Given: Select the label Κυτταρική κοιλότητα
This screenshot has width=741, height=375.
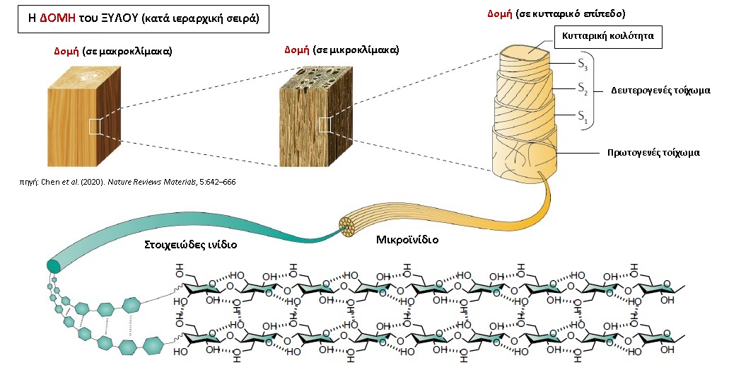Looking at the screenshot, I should coord(608,35).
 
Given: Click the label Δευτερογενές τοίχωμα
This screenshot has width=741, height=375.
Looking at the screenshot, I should coord(660,91).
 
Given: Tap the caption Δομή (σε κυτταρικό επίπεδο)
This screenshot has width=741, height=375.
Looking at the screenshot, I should coord(556,13).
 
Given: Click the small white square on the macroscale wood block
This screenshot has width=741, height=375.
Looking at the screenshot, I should coord(95,127).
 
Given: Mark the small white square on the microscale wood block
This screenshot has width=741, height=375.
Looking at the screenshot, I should coord(325,125).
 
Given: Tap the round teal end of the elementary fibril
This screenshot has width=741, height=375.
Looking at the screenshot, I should coord(53,266).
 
